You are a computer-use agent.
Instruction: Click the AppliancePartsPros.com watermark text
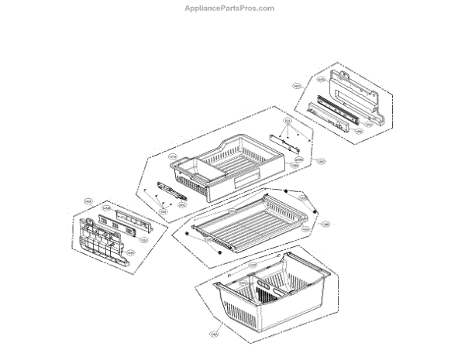coord(232,8)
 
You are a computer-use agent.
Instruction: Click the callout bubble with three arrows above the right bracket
coord(288,121)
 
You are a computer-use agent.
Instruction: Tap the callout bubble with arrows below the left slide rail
coord(164,211)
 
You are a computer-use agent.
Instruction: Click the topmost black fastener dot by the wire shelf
coord(286,191)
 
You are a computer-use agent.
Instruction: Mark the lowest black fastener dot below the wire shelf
coord(222,249)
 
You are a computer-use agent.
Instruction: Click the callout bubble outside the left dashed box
coord(88,201)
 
